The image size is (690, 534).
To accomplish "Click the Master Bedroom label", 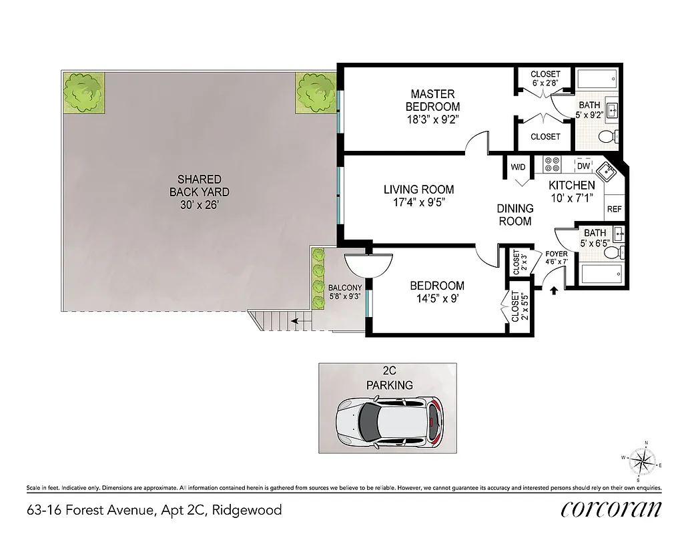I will (x=432, y=100).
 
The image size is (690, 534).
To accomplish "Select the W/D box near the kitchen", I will (x=519, y=166).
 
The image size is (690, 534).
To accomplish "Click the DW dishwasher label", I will (x=583, y=166).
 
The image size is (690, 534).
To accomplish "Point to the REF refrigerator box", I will (x=614, y=209).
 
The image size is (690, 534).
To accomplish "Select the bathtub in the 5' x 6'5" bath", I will (x=601, y=274).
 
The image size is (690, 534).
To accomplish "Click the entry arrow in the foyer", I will (x=553, y=289).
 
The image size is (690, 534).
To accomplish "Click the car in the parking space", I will (x=389, y=422).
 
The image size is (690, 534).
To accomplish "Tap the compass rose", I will (x=641, y=461).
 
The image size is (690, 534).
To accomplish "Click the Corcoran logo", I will (x=611, y=509).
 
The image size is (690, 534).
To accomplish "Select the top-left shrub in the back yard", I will (x=83, y=91).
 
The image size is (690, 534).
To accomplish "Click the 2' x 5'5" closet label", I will (x=515, y=306).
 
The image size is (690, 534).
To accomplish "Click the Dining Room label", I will (x=515, y=214).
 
